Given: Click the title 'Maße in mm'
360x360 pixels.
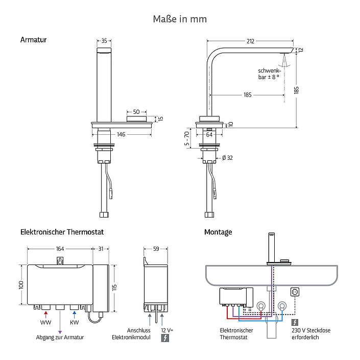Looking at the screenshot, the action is (180, 19).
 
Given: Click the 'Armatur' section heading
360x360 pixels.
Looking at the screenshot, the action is (33, 40).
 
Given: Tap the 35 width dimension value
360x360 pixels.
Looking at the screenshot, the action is (104, 41).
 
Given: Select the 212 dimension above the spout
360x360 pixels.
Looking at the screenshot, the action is (250, 41).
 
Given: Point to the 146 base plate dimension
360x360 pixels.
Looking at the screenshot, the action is (121, 134).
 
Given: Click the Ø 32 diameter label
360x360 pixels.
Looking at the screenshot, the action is (227, 158).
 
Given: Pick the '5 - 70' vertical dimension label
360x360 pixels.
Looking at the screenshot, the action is (187, 138).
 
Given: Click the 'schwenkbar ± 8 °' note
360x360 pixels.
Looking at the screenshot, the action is (269, 74).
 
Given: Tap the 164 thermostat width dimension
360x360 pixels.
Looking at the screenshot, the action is (60, 249).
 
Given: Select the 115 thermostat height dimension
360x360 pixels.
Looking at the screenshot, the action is (114, 287).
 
